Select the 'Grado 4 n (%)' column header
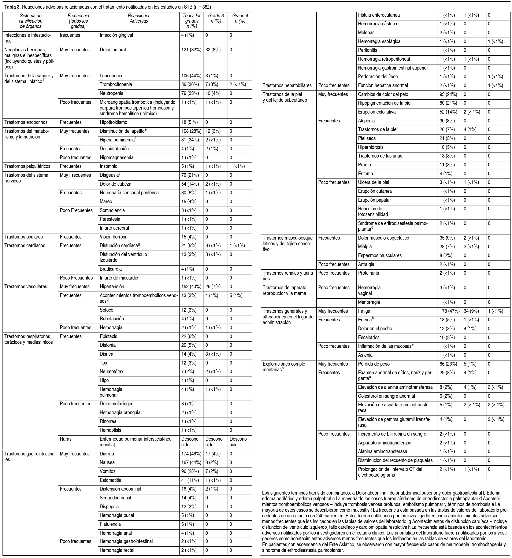coord(240,19)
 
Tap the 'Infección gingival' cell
coord(116,35)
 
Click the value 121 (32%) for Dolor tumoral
coord(191,50)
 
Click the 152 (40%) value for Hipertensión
coord(191,287)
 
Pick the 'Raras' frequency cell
coord(66,439)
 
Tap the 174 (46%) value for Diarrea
coord(191,454)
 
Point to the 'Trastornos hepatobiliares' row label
coord(287,86)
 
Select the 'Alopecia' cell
coord(366,121)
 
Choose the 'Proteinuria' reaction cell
coord(368,273)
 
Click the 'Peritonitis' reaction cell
coord(367,50)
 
